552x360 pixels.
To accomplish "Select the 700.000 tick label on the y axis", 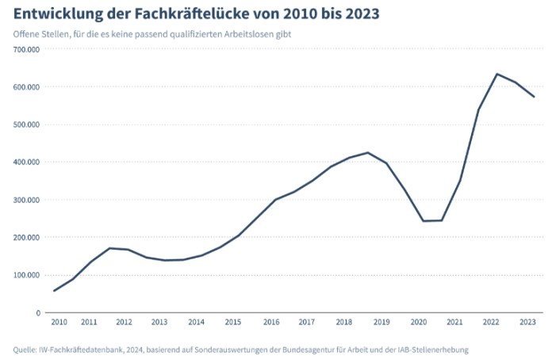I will tap(26, 49).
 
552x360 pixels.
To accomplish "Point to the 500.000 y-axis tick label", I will tap(26, 124).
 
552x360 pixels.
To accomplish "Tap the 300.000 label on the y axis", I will tap(26, 200).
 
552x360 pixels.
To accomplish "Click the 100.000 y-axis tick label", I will tap(26, 275).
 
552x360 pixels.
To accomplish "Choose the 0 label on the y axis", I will tap(37, 312).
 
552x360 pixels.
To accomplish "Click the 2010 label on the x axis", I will tap(59, 323).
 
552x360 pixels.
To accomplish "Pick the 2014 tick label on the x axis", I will tap(196, 323).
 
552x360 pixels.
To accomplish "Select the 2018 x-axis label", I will tap(343, 323).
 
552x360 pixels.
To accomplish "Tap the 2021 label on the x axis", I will tap(454, 323).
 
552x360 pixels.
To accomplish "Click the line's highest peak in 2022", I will tap(496, 74).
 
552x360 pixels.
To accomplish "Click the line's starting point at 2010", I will tap(54, 291).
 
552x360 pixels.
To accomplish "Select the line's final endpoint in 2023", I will tap(535, 97).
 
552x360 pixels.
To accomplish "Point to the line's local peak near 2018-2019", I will tap(367, 152).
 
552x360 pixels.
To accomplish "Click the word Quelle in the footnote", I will tap(25, 349).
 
